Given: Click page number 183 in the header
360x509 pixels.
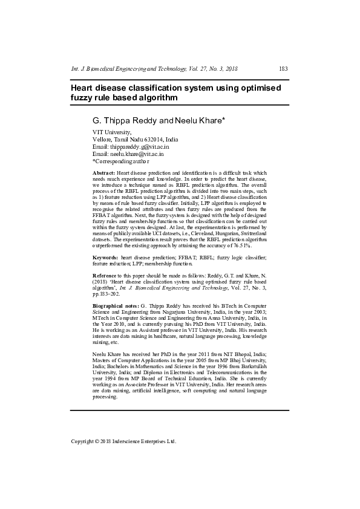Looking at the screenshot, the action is pos(283,69).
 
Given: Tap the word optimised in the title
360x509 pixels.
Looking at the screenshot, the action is pos(255,88).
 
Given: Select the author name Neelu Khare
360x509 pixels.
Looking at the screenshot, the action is pos(199,120).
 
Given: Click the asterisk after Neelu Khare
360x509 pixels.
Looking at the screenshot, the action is pos(224,119).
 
